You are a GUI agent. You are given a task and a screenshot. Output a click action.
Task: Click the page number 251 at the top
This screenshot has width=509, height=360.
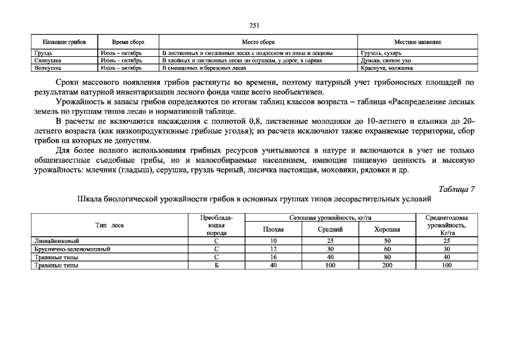point(254,25)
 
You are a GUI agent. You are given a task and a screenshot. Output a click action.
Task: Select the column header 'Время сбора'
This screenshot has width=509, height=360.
point(128,42)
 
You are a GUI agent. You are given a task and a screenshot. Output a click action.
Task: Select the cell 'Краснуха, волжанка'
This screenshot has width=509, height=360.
point(388,67)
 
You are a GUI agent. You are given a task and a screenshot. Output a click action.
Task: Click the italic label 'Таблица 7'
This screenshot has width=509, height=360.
point(457,189)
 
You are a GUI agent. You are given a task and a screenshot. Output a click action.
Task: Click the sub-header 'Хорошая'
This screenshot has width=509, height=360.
point(387,229)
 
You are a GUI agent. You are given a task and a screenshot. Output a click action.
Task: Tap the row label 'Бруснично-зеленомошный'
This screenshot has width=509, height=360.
point(72,249)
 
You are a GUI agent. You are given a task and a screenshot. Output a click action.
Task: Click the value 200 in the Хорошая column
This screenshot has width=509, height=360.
point(387,265)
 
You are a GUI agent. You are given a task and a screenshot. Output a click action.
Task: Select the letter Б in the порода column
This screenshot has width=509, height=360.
point(217,265)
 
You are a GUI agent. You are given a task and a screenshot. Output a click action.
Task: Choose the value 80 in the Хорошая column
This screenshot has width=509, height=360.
point(387,257)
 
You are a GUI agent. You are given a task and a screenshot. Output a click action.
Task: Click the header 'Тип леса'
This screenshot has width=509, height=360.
point(110,225)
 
